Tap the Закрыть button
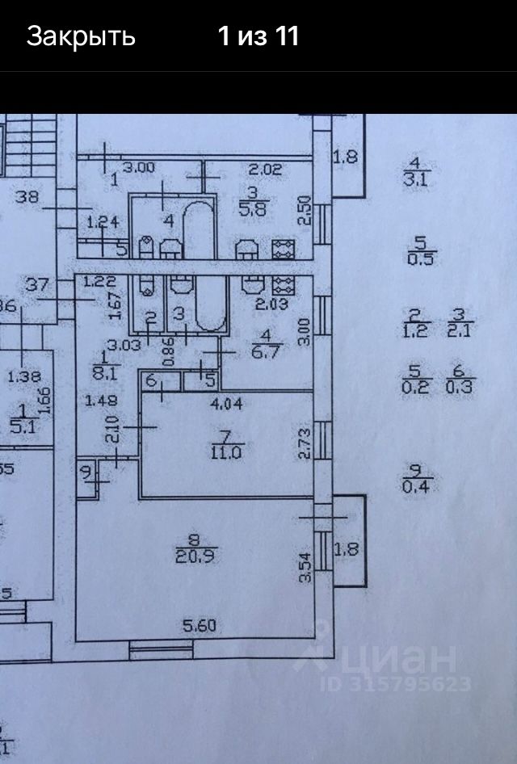(x=81, y=36)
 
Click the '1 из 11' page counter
(x=258, y=36)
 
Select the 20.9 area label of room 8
(x=195, y=555)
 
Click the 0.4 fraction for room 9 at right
(x=418, y=485)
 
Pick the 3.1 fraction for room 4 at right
(x=417, y=180)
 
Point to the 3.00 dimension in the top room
(x=139, y=169)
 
